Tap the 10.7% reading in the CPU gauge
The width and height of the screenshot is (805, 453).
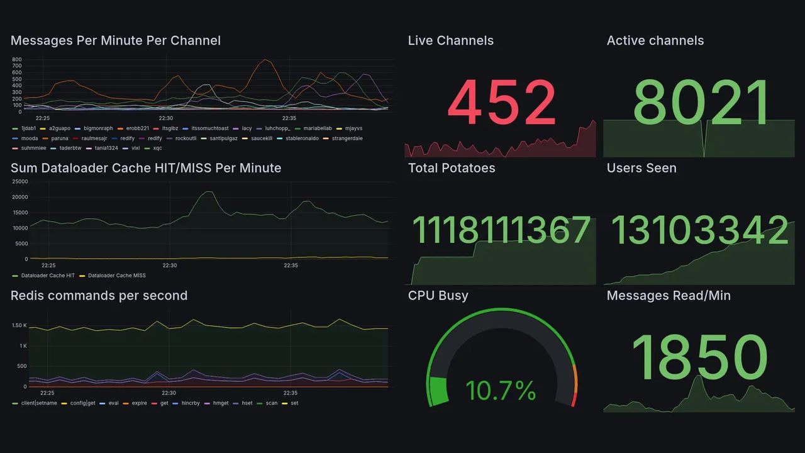pos(501,391)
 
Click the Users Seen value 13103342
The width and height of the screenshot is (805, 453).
pos(699,230)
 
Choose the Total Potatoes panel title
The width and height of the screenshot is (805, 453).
pos(452,168)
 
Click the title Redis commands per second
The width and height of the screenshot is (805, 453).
pos(99,296)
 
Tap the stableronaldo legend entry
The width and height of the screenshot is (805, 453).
pos(306,138)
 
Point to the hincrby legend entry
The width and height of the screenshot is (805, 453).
pos(189,403)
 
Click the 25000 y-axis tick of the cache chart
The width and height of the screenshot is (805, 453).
pos(20,182)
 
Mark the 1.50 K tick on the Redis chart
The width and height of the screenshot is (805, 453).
pos(19,325)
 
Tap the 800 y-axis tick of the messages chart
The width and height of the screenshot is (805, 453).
pos(17,59)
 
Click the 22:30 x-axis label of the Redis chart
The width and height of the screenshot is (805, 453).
pos(169,393)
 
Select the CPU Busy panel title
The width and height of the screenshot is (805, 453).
pos(438,296)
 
